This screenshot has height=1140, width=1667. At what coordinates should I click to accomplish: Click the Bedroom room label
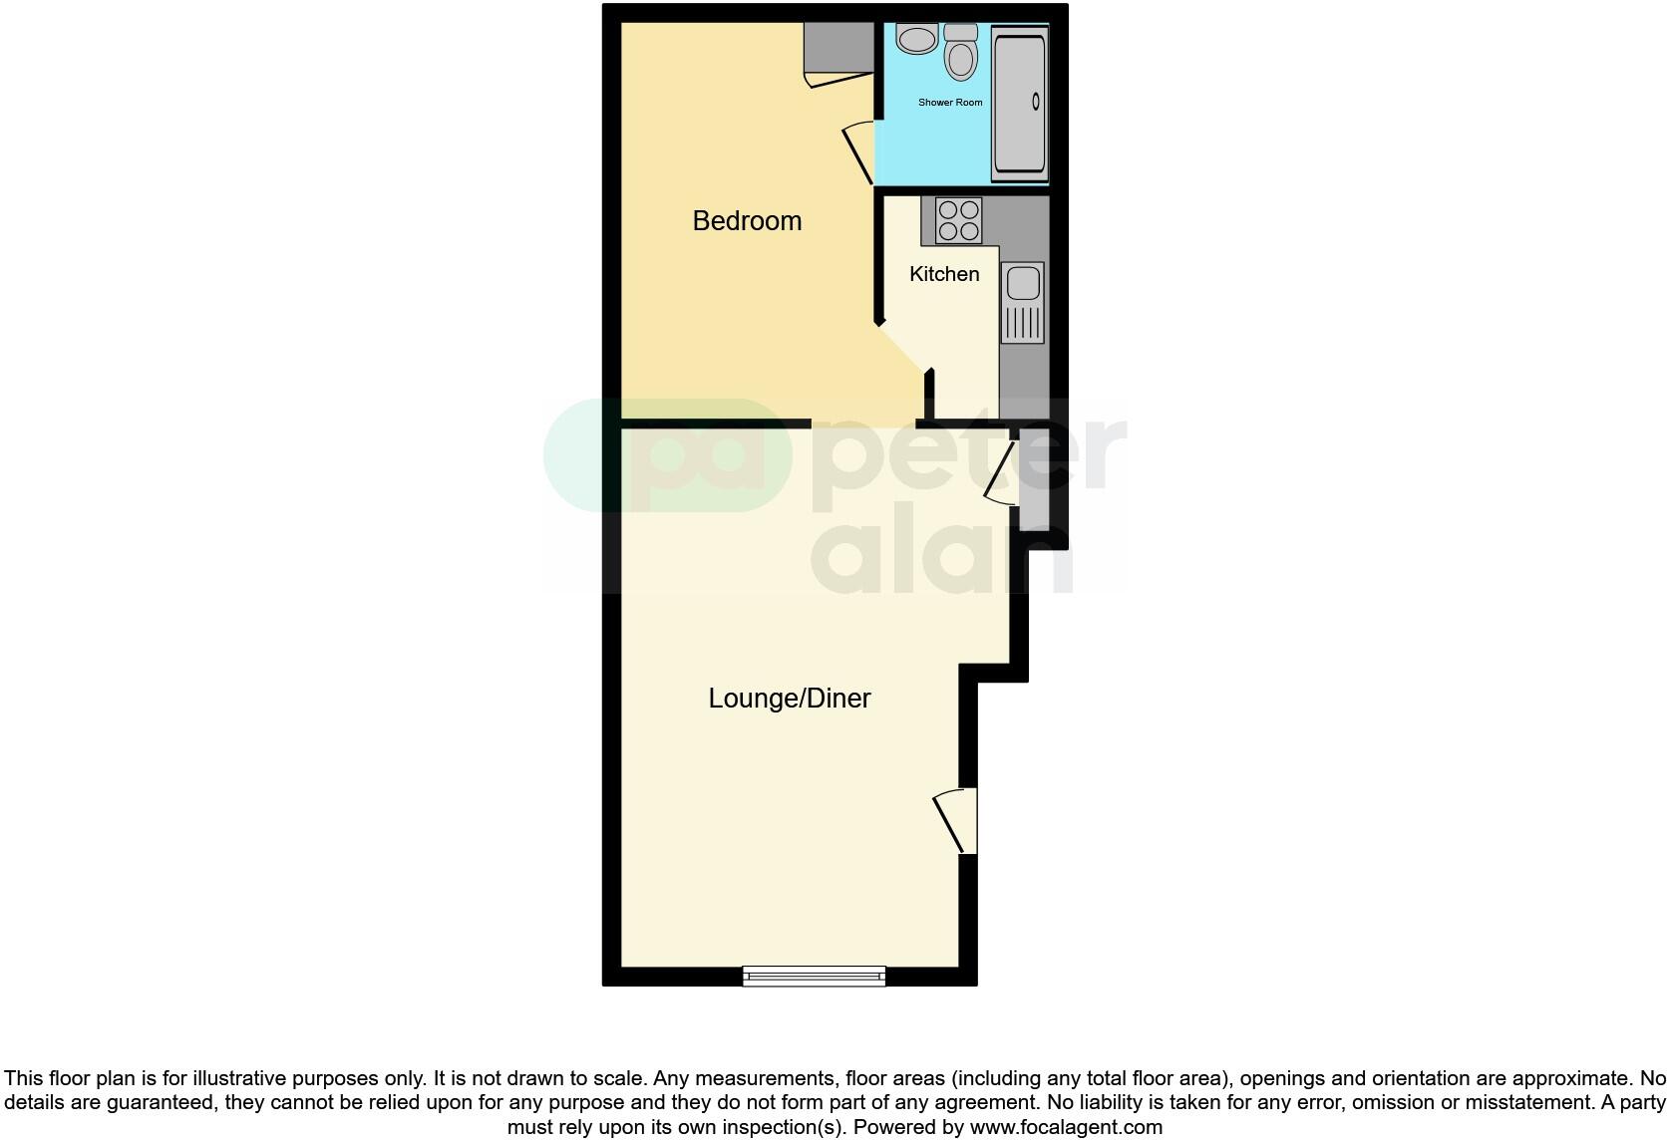tap(747, 220)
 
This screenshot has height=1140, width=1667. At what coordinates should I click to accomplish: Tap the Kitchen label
tap(944, 274)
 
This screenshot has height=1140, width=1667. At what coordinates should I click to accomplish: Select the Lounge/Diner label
tap(790, 699)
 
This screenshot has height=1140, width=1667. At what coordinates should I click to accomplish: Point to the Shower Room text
tap(950, 103)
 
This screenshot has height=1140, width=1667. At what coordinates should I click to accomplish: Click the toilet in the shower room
tap(961, 54)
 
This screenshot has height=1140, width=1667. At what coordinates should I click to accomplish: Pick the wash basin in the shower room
tap(916, 39)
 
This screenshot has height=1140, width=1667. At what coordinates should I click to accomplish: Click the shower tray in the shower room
tap(1019, 104)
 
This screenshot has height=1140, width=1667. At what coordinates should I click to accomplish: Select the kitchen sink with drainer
tap(1022, 303)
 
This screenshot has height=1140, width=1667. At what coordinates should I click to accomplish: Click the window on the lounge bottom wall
tap(814, 977)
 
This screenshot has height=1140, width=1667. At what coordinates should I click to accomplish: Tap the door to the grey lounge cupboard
tap(1001, 471)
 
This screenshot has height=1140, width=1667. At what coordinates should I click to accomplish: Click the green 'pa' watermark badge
tap(667, 455)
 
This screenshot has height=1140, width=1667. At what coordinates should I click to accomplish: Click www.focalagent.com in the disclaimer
tap(1066, 1128)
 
